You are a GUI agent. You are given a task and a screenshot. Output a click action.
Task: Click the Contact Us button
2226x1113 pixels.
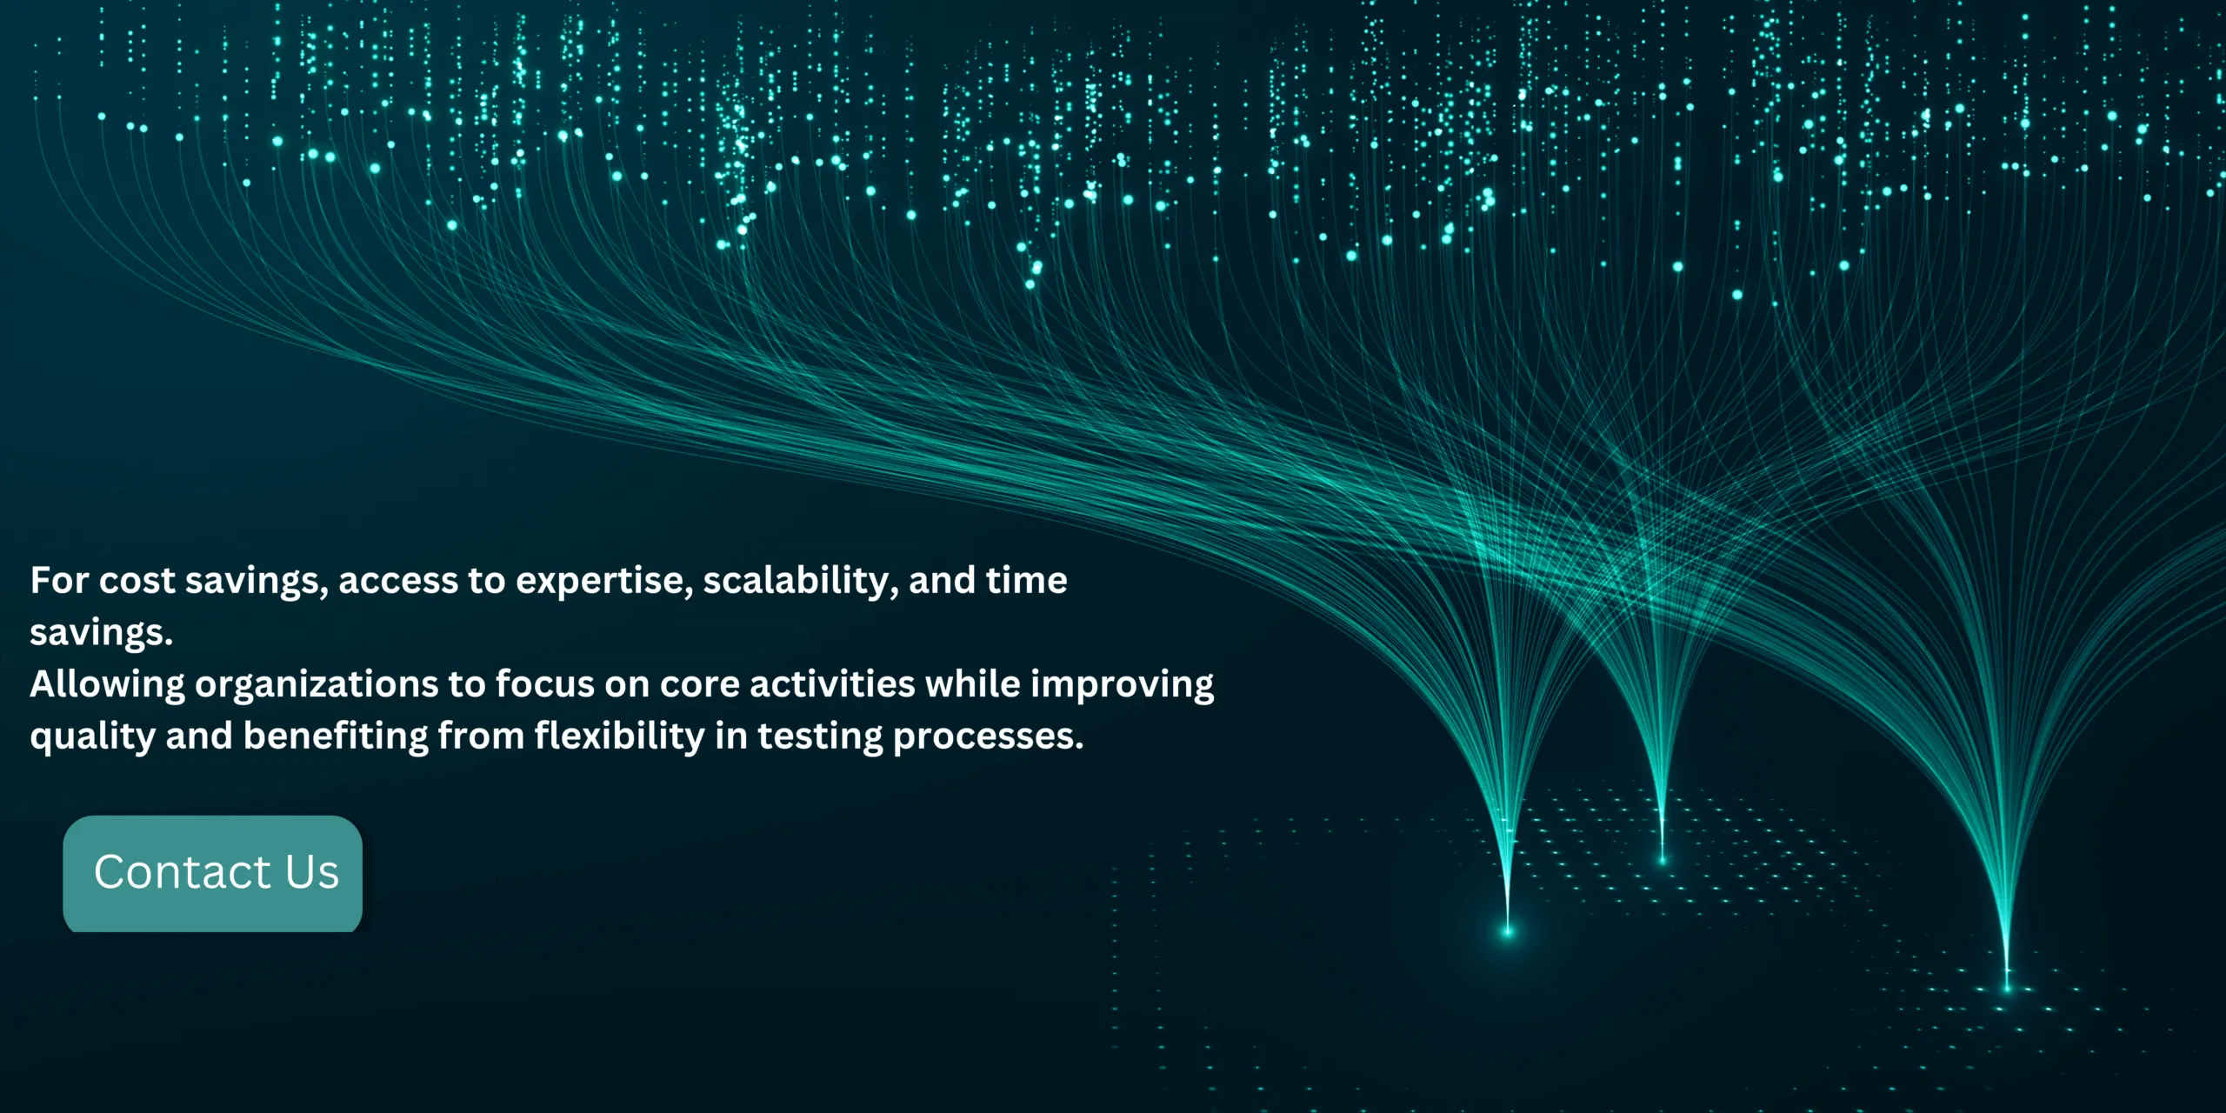213,873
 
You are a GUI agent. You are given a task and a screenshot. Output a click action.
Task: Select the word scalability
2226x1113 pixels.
801,581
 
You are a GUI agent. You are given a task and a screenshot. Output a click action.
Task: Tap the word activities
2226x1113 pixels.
832,683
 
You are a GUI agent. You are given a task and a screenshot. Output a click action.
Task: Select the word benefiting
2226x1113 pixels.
336,737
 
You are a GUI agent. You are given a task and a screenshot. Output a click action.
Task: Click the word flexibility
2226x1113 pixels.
620,737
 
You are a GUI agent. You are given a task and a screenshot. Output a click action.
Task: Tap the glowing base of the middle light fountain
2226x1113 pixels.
1663,860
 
